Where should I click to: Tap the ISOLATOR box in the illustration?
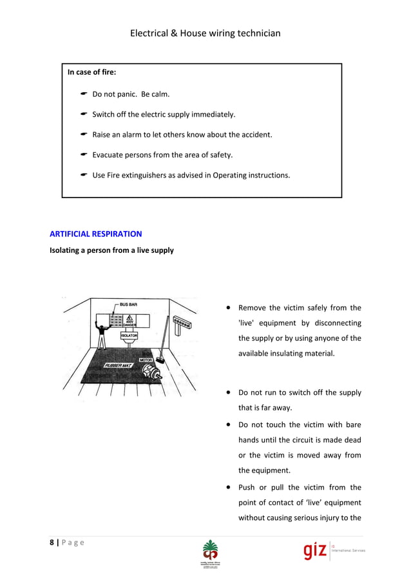(x=129, y=336)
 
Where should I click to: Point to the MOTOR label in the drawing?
(x=146, y=359)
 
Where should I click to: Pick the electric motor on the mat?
(x=153, y=371)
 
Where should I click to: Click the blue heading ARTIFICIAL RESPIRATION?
(x=95, y=234)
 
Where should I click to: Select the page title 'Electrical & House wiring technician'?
(x=205, y=33)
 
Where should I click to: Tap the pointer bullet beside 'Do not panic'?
(x=84, y=94)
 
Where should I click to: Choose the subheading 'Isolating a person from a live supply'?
(x=111, y=250)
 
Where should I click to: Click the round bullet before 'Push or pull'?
(x=229, y=488)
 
